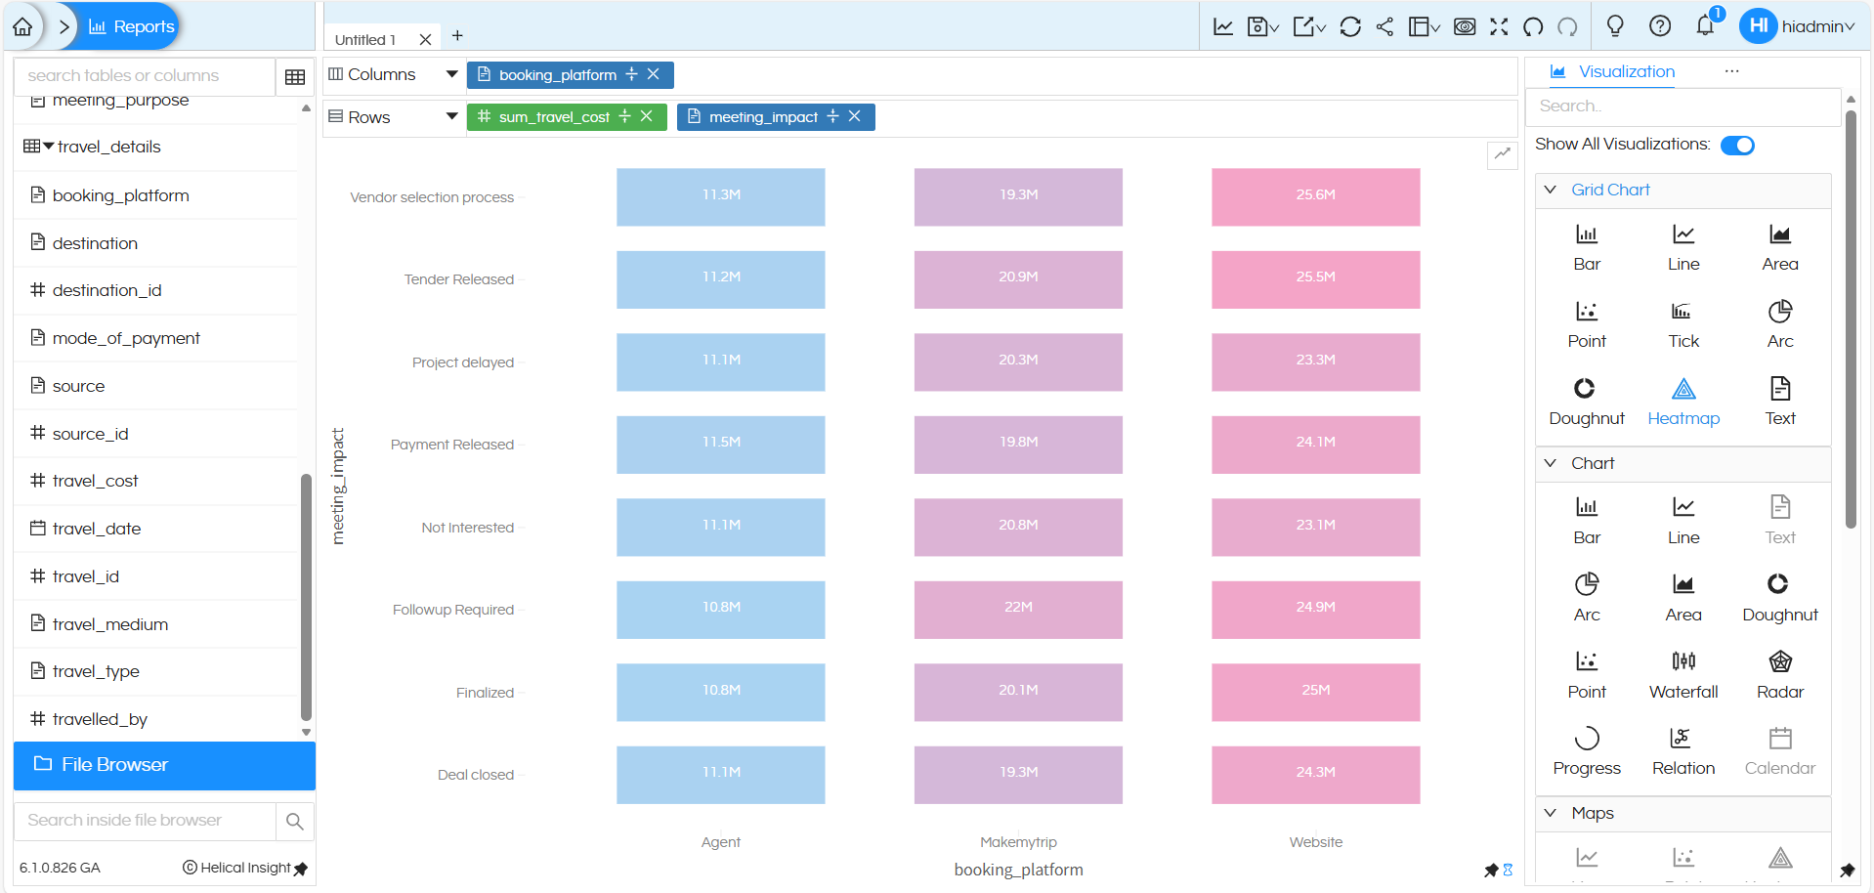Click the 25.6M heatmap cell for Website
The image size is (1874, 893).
click(x=1315, y=196)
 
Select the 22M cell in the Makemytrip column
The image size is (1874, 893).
click(x=1018, y=609)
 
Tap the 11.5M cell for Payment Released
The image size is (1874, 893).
click(x=720, y=444)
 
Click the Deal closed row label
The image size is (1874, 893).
click(x=475, y=775)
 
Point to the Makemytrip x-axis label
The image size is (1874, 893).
click(x=1018, y=842)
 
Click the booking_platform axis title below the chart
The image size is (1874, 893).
click(x=1018, y=870)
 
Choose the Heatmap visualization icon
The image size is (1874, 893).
click(x=1682, y=390)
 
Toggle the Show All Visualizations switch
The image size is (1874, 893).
click(x=1737, y=146)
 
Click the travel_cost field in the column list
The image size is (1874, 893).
click(x=95, y=481)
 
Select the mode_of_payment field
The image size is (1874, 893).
click(x=126, y=338)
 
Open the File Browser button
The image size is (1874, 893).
click(x=164, y=765)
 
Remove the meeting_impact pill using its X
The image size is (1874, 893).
click(x=854, y=116)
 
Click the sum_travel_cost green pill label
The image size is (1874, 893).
click(x=553, y=117)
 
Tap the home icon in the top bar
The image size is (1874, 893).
click(x=22, y=26)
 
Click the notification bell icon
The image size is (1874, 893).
click(x=1705, y=26)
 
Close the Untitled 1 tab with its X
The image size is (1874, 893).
click(x=425, y=40)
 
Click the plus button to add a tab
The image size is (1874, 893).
click(x=457, y=36)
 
